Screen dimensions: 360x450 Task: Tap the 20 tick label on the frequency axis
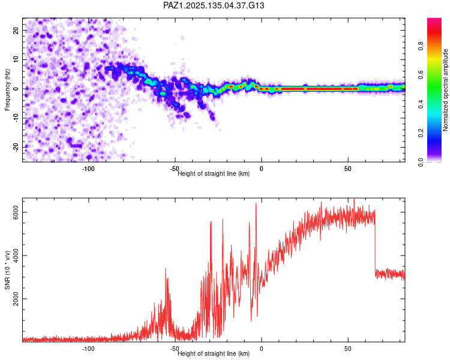point(16,30)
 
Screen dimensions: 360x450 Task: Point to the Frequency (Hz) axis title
point(7,90)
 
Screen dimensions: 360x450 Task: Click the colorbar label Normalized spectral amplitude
point(446,90)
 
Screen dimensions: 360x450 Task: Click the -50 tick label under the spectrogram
point(175,169)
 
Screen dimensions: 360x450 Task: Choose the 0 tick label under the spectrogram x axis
point(262,169)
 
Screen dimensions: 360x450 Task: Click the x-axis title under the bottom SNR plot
point(214,354)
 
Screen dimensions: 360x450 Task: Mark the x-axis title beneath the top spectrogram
point(214,174)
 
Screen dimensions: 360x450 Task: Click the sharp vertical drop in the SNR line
point(375,246)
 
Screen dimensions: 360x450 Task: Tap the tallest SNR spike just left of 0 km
point(256,204)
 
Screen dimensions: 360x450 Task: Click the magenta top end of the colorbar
point(434,21)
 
